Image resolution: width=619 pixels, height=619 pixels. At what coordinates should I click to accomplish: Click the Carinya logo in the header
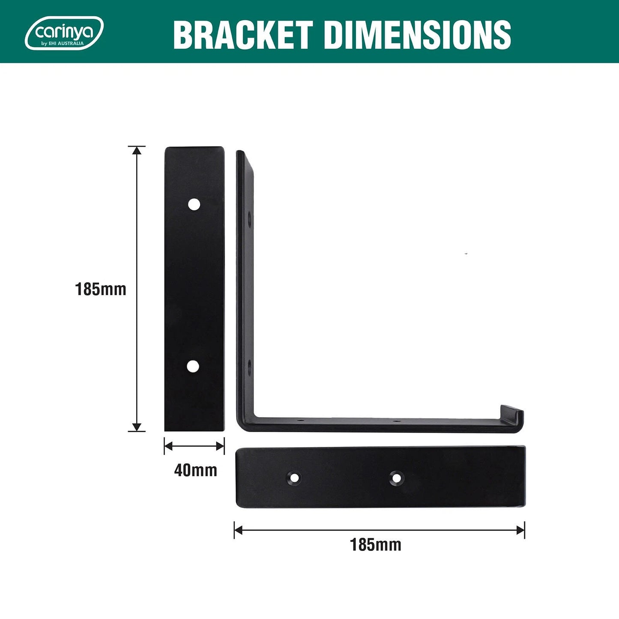pyautogui.click(x=64, y=33)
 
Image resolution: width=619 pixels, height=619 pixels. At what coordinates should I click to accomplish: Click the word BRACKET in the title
pyautogui.click(x=242, y=35)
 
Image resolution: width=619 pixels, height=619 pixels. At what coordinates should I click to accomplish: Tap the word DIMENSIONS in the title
pyautogui.click(x=418, y=35)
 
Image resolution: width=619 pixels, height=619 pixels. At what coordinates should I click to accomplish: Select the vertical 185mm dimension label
pyautogui.click(x=101, y=290)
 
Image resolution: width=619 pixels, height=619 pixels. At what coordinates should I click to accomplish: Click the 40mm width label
pyautogui.click(x=195, y=470)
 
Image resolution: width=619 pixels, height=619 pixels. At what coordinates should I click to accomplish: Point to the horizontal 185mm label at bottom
pyautogui.click(x=376, y=545)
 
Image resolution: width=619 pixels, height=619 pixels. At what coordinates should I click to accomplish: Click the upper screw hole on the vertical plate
pyautogui.click(x=194, y=204)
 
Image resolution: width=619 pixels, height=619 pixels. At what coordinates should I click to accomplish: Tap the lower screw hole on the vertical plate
pyautogui.click(x=193, y=366)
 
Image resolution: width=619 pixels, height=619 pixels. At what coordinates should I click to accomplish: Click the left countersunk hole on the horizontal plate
pyautogui.click(x=294, y=478)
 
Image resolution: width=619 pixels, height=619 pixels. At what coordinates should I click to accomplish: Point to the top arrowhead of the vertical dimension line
pyautogui.click(x=137, y=150)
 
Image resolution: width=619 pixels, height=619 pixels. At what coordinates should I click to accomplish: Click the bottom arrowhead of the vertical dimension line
pyautogui.click(x=137, y=427)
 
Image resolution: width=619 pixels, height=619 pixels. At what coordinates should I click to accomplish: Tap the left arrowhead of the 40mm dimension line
pyautogui.click(x=168, y=446)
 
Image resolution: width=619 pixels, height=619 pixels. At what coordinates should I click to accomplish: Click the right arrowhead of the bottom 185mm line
pyautogui.click(x=521, y=530)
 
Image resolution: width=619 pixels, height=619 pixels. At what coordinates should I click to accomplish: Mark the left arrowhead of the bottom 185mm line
pyautogui.click(x=238, y=530)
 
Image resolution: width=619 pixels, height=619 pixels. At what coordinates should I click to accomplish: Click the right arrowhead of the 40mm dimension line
pyautogui.click(x=221, y=446)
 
